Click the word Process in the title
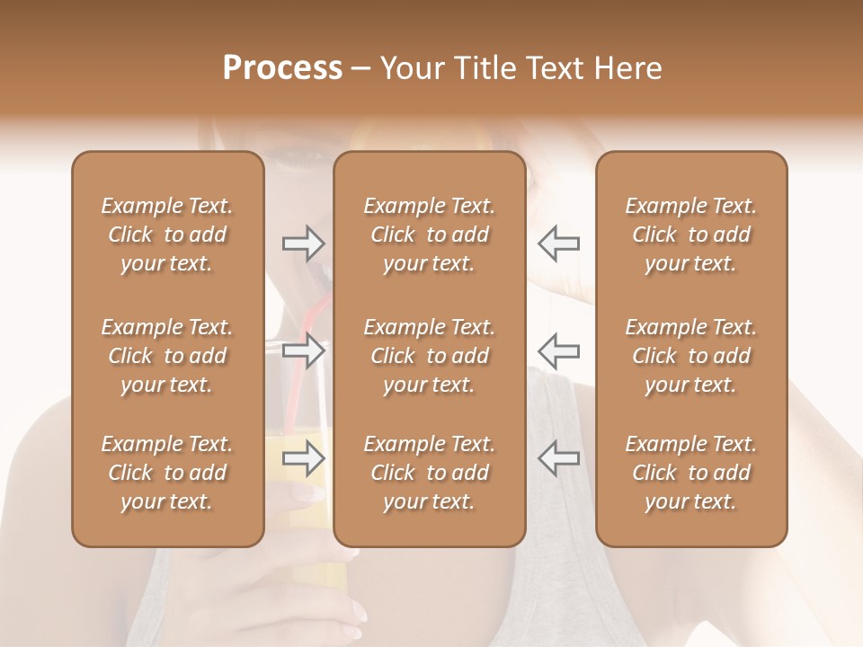point(282,68)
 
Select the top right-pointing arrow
point(304,244)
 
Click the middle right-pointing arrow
point(304,350)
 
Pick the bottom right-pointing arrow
point(304,458)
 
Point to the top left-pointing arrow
point(559,244)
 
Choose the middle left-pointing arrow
point(559,350)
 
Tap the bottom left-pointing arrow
point(559,458)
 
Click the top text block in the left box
point(167,235)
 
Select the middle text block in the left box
point(167,356)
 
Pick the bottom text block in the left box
point(167,473)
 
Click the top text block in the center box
point(430,235)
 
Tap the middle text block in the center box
point(430,356)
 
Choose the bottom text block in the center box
point(430,473)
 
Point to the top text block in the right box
point(691,235)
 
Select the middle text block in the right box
point(691,356)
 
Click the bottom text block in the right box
point(691,473)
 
